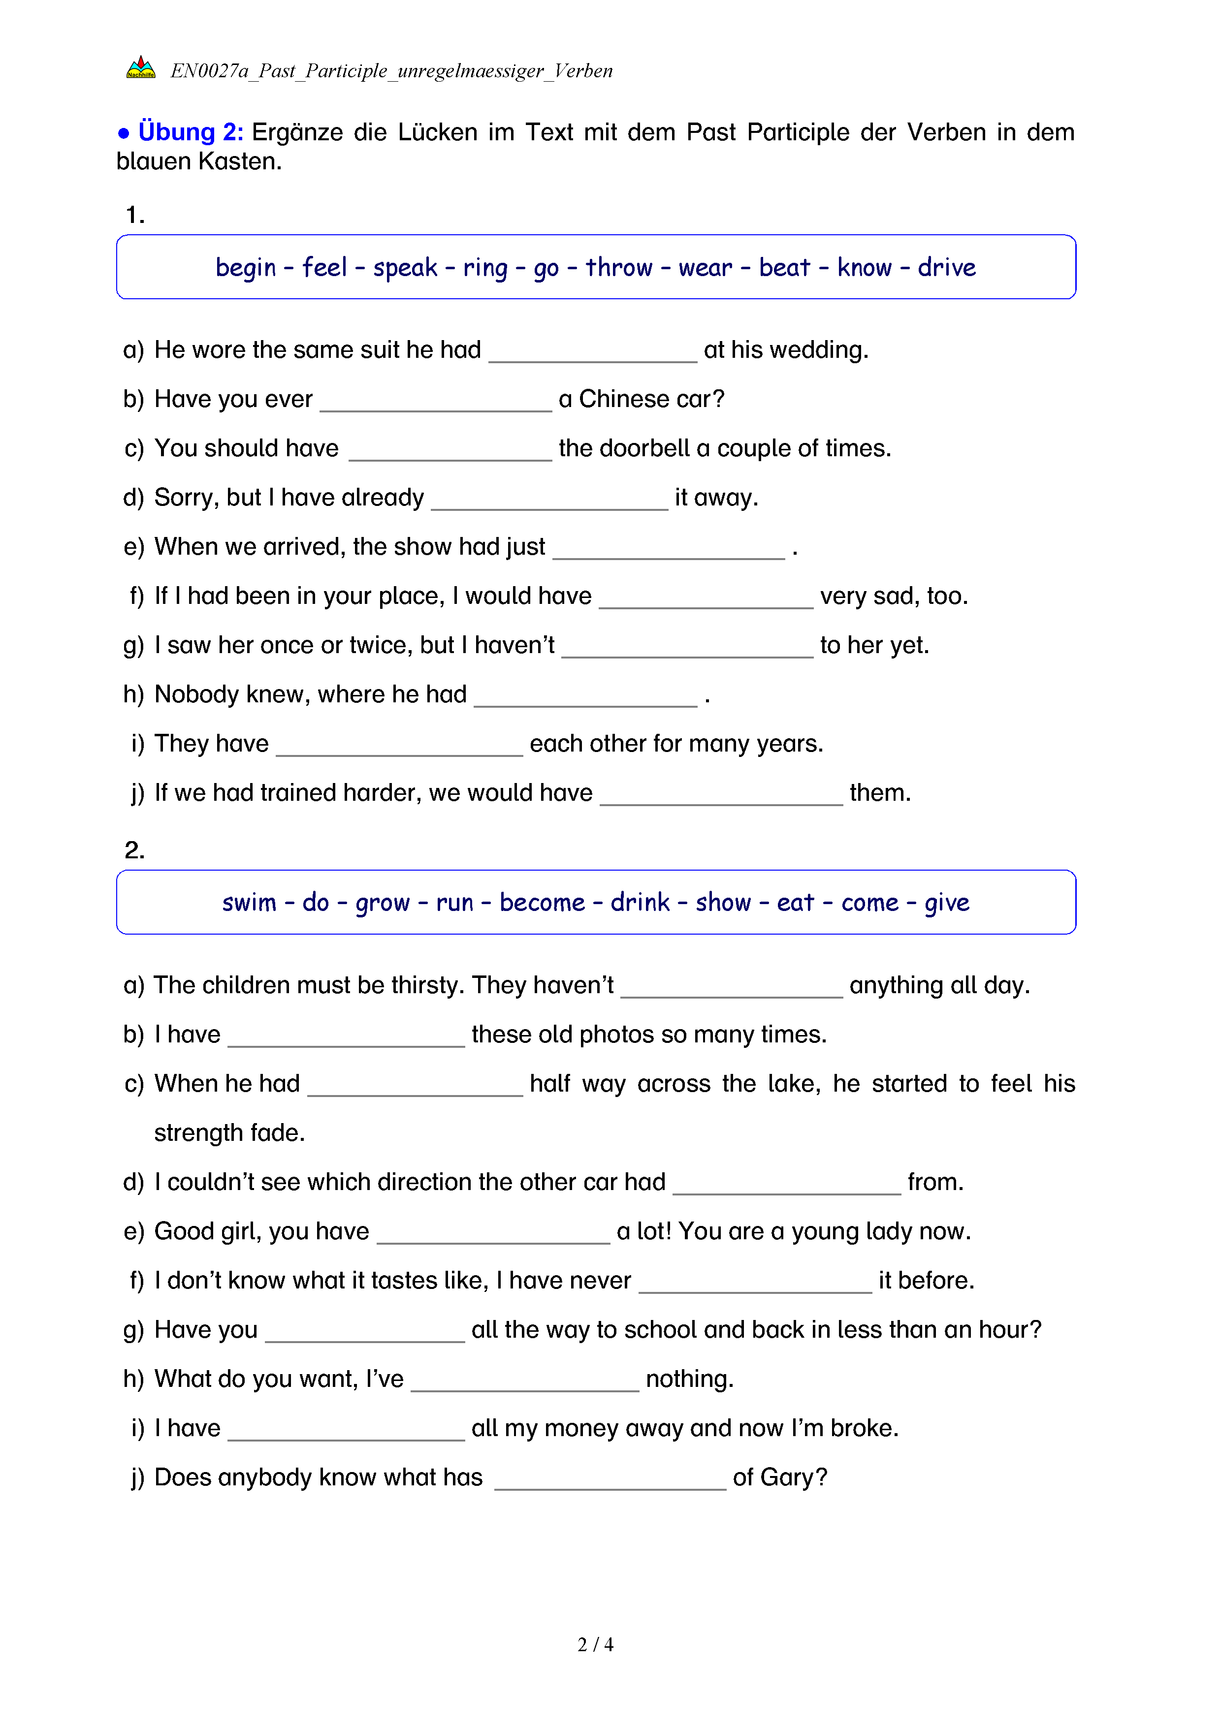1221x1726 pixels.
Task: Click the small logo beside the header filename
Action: [x=141, y=68]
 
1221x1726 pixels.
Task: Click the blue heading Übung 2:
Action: [x=190, y=132]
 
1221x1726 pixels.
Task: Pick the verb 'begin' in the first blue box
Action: [x=246, y=268]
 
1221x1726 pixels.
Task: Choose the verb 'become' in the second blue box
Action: [x=542, y=902]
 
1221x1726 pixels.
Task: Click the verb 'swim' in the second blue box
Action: [x=249, y=902]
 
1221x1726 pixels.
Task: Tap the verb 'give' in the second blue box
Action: [x=947, y=902]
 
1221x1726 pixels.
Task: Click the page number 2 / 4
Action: [x=595, y=1645]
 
